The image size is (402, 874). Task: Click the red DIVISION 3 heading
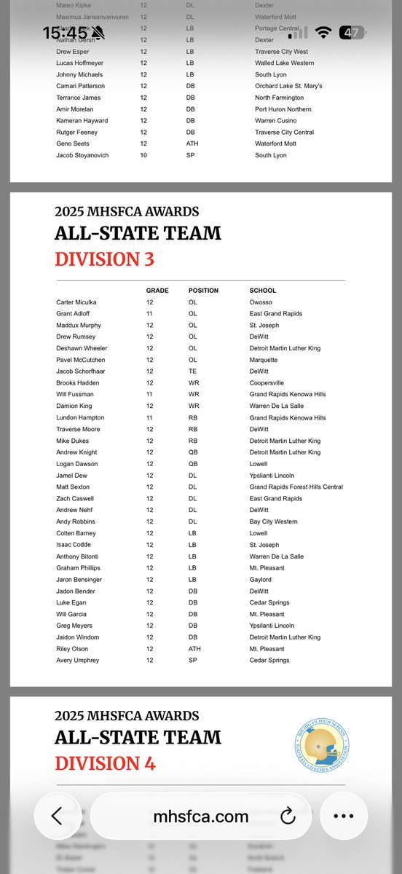[104, 259]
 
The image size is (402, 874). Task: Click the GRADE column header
[157, 290]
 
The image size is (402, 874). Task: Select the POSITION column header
[203, 290]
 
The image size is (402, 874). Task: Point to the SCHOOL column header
[262, 290]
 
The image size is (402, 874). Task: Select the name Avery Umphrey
[76, 661]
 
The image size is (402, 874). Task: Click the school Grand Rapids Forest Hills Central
[296, 487]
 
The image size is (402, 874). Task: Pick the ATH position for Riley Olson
[194, 649]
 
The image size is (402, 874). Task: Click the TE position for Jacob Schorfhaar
[192, 371]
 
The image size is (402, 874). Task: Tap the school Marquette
[264, 360]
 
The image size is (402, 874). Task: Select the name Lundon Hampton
[80, 418]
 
